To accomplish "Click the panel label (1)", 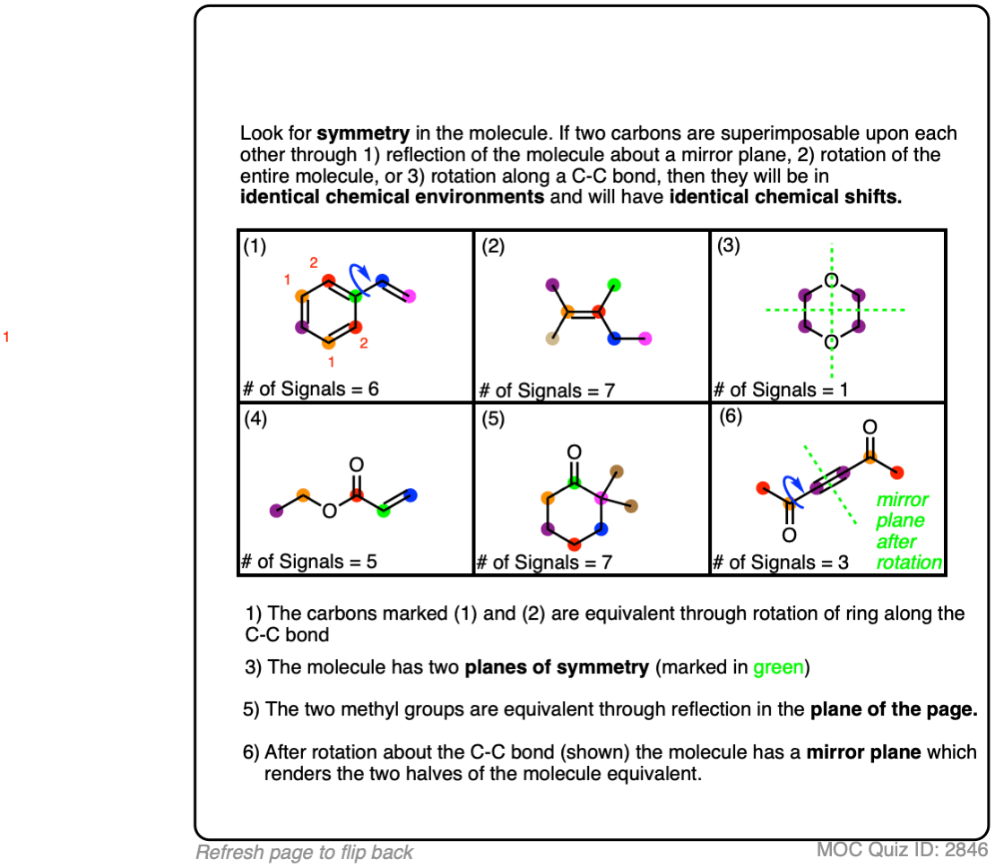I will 255,246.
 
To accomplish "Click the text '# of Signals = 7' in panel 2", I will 546,391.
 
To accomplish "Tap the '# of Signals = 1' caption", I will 780,390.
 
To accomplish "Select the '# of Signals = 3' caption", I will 780,562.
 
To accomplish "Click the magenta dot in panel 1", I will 411,296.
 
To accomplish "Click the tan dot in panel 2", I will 552,339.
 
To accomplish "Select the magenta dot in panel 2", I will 645,339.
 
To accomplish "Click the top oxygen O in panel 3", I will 831,280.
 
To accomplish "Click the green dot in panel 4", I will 384,511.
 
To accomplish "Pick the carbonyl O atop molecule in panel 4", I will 356,464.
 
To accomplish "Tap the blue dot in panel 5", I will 601,529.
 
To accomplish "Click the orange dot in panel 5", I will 547,498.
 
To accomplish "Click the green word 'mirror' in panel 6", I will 903,500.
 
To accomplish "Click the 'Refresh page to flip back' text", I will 305,853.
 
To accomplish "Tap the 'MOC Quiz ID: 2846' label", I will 902,850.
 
